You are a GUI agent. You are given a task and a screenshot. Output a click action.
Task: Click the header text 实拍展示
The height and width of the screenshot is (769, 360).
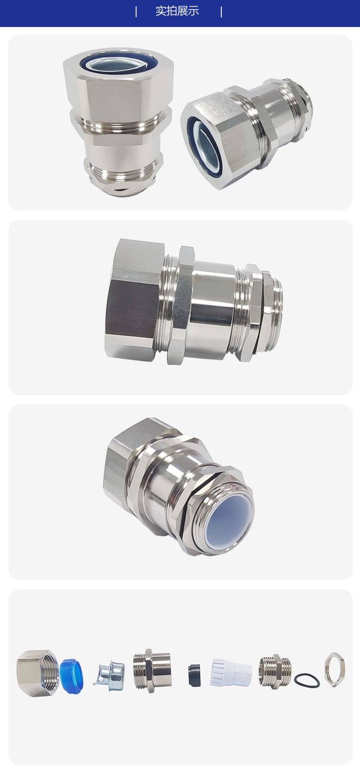[x=177, y=11]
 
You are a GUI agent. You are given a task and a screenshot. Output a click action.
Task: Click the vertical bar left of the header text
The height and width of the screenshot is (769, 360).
[x=136, y=12]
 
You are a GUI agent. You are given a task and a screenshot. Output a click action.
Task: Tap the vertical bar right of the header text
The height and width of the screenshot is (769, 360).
[x=221, y=12]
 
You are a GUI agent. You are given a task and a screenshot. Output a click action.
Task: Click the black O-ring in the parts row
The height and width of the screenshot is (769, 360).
[x=307, y=680]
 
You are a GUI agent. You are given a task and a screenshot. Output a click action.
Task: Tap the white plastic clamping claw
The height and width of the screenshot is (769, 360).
[x=231, y=672]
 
